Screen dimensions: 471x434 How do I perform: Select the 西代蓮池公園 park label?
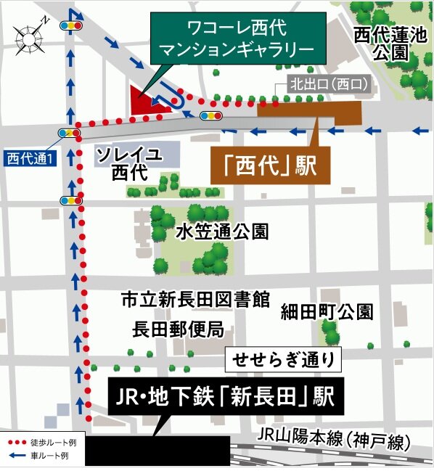pyautogui.click(x=379, y=43)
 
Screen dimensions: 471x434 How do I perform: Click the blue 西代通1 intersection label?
pyautogui.click(x=30, y=156)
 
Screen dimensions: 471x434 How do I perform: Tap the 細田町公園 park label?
pyautogui.click(x=327, y=312)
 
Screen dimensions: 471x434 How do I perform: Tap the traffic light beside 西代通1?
pyautogui.click(x=70, y=133)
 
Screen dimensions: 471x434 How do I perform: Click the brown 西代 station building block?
pyautogui.click(x=308, y=111)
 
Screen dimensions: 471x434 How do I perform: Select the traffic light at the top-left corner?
pyautogui.click(x=71, y=25)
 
